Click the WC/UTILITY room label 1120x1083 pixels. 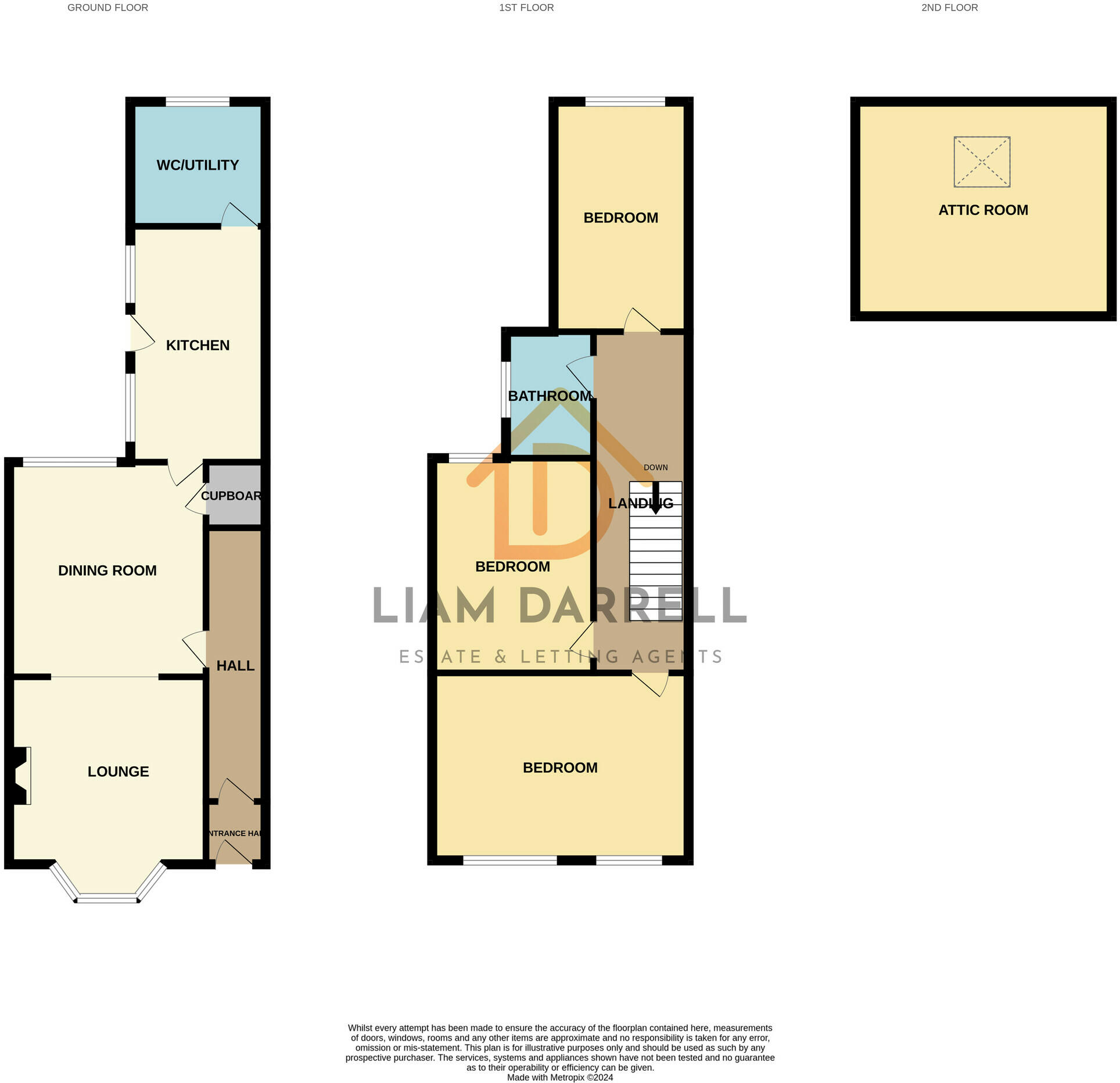198,165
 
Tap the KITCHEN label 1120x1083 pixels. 198,345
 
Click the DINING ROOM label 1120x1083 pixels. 107,571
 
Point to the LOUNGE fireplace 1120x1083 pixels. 20,776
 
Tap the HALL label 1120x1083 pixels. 235,666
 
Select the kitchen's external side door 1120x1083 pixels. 139,334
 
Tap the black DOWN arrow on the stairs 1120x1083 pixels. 655,499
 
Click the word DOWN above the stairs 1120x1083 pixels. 655,468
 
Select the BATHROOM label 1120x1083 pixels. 549,396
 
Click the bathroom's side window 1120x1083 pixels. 506,389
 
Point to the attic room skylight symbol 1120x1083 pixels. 982,162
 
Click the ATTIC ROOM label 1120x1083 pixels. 983,210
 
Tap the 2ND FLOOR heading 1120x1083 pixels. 949,8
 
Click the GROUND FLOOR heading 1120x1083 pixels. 107,8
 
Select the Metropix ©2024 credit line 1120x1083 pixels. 559,1077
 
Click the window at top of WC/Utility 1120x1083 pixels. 198,102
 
